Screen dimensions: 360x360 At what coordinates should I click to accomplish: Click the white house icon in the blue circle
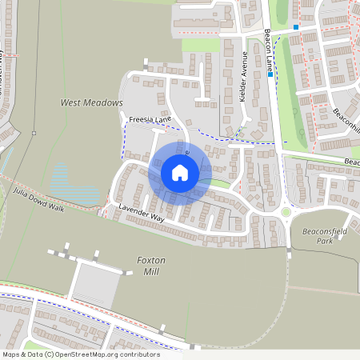click(180, 173)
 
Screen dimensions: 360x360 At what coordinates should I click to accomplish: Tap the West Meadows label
click(92, 103)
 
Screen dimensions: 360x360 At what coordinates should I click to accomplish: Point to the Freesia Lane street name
click(150, 120)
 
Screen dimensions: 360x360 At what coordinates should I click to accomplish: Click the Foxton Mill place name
click(150, 266)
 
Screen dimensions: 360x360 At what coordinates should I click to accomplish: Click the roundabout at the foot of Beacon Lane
click(286, 213)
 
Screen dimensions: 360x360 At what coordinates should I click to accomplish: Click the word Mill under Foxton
click(150, 271)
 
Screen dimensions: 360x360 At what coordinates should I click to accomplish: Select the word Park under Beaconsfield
click(323, 241)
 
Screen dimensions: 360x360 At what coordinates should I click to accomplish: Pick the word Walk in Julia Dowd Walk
click(54, 206)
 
